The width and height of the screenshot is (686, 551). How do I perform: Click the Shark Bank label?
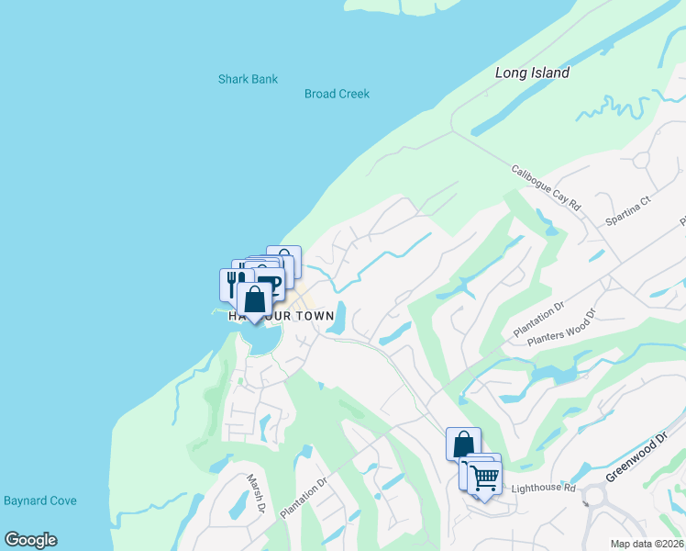click(248, 79)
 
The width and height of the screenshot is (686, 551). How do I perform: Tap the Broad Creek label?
click(337, 94)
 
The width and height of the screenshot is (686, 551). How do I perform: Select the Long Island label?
click(532, 73)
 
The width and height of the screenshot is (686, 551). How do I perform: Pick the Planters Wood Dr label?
click(561, 328)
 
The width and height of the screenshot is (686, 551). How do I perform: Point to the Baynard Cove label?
click(40, 500)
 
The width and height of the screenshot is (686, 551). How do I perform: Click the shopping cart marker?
click(484, 477)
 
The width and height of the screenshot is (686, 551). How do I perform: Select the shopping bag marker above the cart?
click(463, 443)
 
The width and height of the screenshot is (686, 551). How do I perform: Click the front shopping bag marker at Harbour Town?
click(254, 298)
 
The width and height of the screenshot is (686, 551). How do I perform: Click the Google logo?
click(30, 540)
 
